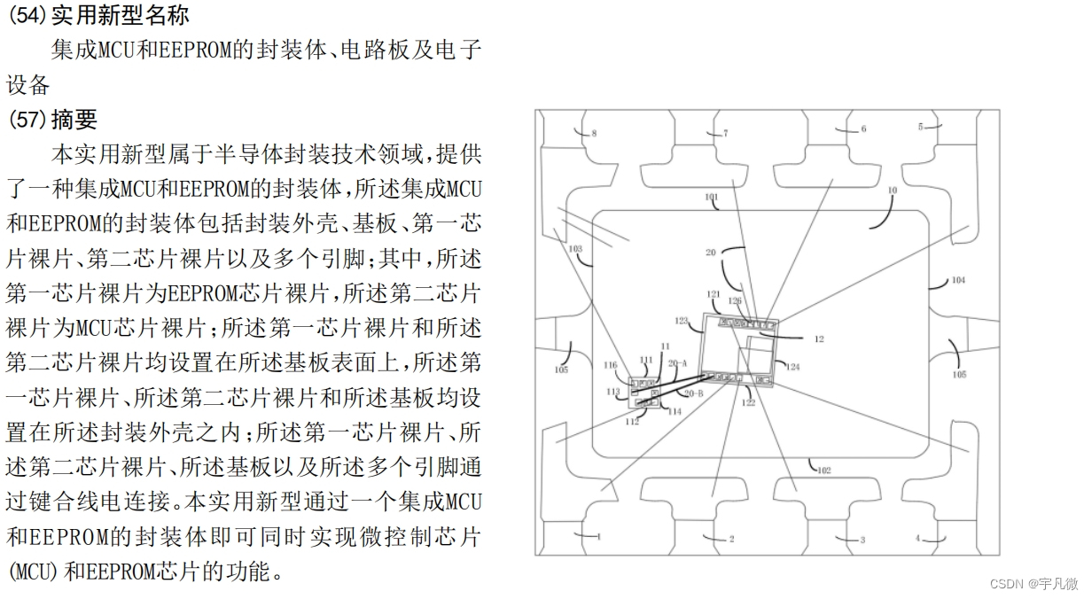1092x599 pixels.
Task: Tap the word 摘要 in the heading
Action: [x=74, y=119]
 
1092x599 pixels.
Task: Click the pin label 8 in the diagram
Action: [x=594, y=134]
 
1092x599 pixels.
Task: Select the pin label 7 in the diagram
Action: [x=725, y=134]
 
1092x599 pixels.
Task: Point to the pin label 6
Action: [x=863, y=129]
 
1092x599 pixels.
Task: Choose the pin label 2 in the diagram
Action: [x=731, y=539]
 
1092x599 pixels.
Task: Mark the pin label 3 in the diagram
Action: [x=862, y=540]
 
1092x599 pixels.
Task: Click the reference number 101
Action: [x=711, y=197]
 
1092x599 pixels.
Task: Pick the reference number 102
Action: [x=823, y=471]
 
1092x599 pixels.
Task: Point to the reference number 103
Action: [x=576, y=249]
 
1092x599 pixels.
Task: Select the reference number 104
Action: [x=958, y=281]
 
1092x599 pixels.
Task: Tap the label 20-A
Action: [x=677, y=363]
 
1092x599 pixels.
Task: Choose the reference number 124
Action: [x=792, y=367]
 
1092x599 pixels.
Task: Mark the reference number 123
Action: [x=682, y=321]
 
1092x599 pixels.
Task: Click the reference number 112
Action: [x=632, y=423]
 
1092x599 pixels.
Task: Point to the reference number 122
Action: [x=748, y=403]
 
